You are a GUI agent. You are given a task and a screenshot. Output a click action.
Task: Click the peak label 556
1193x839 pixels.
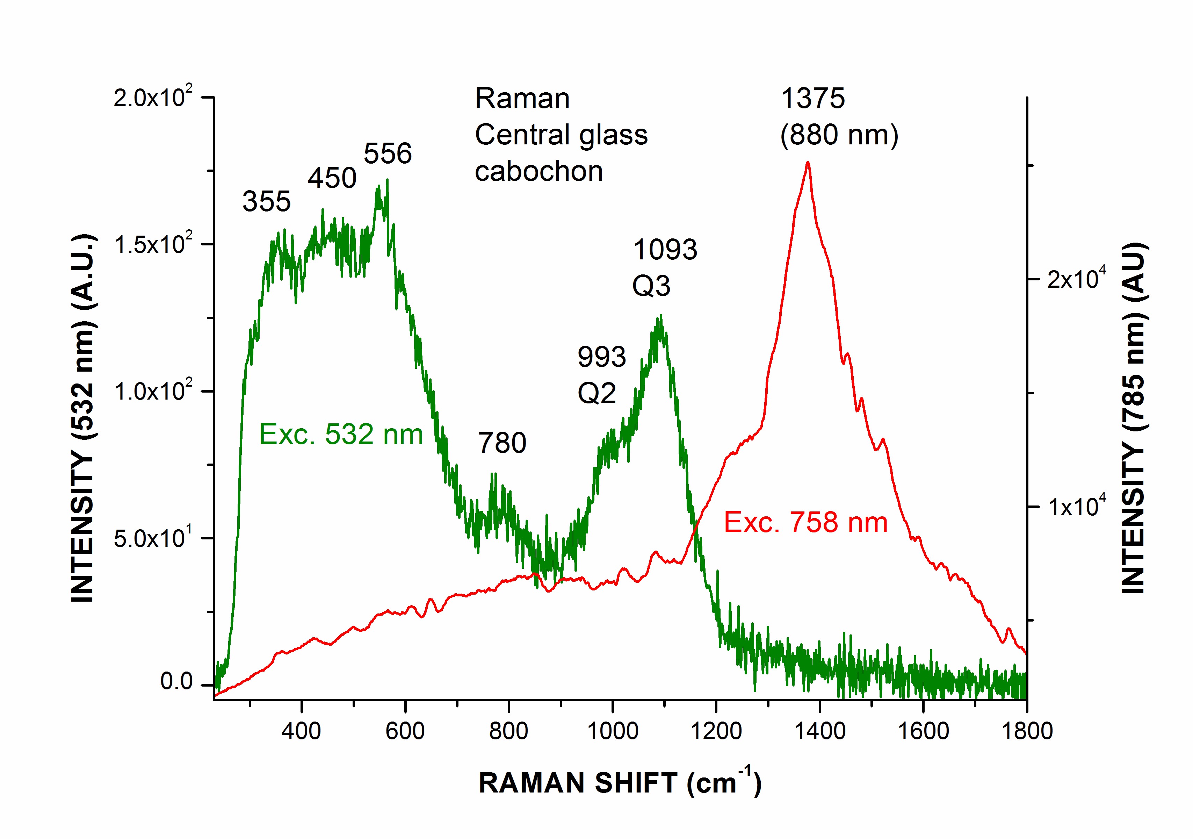pyautogui.click(x=388, y=153)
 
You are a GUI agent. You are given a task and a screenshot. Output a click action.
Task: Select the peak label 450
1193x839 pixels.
pyautogui.click(x=332, y=178)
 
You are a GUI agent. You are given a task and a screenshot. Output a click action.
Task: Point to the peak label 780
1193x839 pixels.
pyautogui.click(x=502, y=443)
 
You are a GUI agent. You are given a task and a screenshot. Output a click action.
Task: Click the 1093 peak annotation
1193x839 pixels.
pyautogui.click(x=665, y=250)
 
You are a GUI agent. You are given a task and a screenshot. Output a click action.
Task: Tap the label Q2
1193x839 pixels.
pyautogui.click(x=597, y=393)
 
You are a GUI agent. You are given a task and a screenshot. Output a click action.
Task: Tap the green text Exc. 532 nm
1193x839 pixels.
pyautogui.click(x=341, y=434)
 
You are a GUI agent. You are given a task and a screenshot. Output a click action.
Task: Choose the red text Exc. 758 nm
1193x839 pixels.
pyautogui.click(x=806, y=522)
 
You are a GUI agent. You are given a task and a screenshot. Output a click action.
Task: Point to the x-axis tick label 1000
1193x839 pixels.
pyautogui.click(x=613, y=731)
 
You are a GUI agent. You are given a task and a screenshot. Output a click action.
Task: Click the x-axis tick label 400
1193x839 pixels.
pyautogui.click(x=301, y=731)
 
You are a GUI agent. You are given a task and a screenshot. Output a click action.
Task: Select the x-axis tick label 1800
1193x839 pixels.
pyautogui.click(x=1027, y=731)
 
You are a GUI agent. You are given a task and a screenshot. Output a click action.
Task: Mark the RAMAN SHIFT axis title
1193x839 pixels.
pyautogui.click(x=620, y=783)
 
